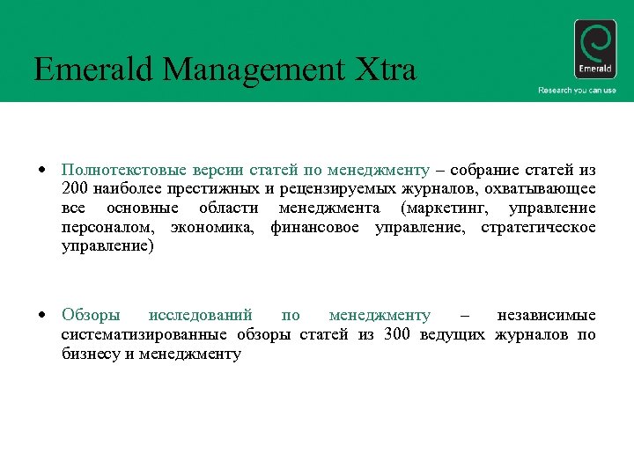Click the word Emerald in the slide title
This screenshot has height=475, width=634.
(x=90, y=69)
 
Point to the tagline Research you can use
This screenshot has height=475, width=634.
(x=577, y=91)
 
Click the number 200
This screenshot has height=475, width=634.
(x=77, y=188)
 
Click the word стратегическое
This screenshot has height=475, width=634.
(x=538, y=227)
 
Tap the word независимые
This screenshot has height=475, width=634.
(x=546, y=315)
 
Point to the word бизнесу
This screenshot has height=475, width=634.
(x=92, y=354)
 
